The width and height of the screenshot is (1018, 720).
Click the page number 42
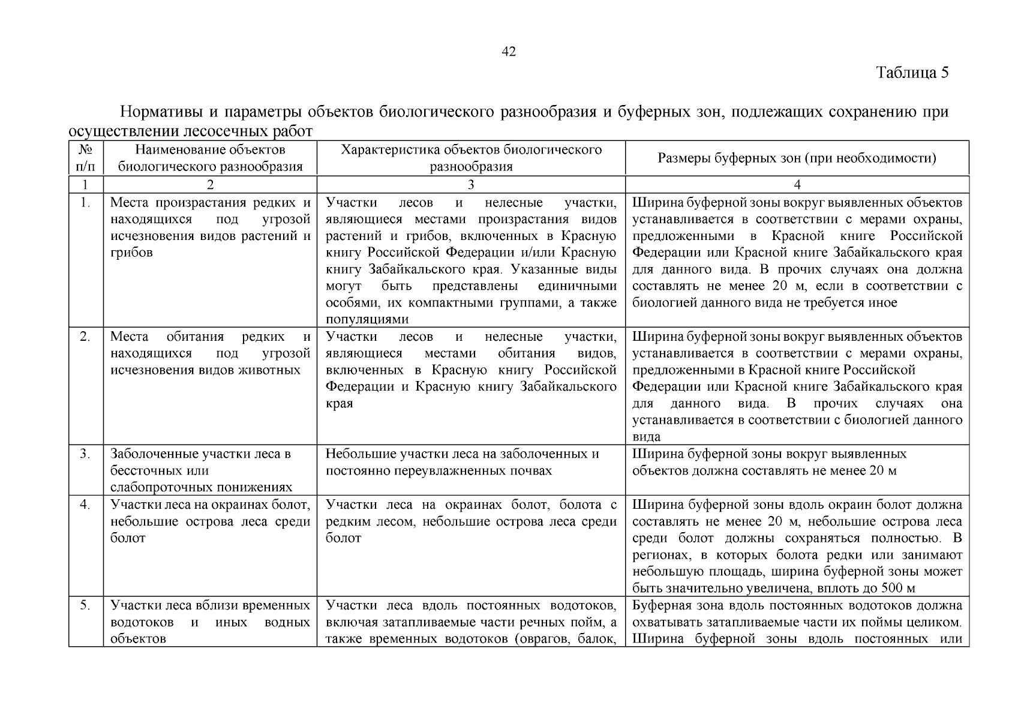point(508,52)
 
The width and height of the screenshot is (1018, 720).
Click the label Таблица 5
point(912,73)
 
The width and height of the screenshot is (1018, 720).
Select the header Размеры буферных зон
point(797,158)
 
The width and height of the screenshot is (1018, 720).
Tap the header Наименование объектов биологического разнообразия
point(210,158)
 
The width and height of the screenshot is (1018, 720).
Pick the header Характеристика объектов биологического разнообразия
point(471,158)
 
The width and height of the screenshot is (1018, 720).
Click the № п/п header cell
point(86,158)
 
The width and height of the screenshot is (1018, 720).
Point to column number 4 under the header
point(797,185)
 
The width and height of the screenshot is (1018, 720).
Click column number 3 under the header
point(471,185)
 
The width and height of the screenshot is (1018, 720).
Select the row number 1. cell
point(86,203)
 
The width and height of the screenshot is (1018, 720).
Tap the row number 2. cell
point(86,337)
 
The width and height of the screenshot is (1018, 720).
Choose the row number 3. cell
point(86,454)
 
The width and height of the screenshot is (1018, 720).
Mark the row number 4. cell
point(86,505)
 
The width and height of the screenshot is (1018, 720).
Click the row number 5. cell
point(86,605)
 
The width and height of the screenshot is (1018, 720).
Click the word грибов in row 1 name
point(131,253)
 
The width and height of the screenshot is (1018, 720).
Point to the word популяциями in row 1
point(367,319)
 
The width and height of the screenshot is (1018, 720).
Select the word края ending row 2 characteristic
point(339,403)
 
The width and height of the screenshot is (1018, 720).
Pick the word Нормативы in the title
point(160,112)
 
